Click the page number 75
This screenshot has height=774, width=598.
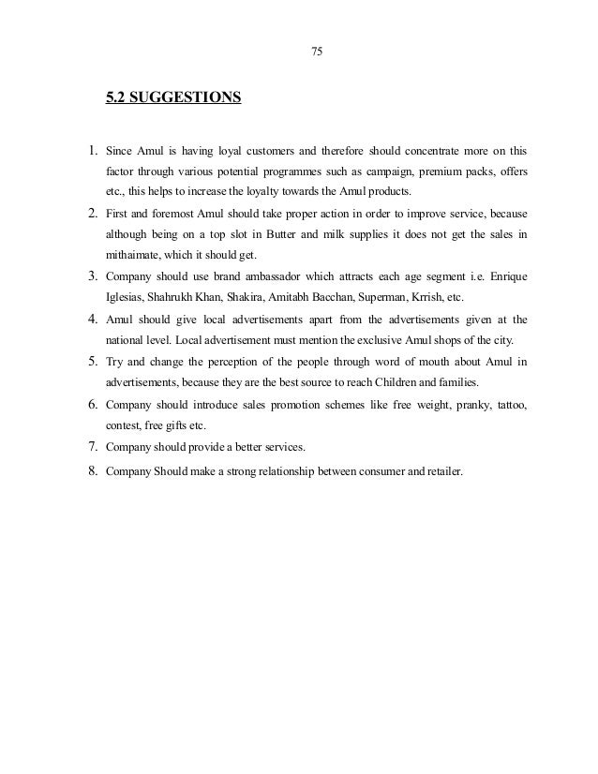click(316, 51)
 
